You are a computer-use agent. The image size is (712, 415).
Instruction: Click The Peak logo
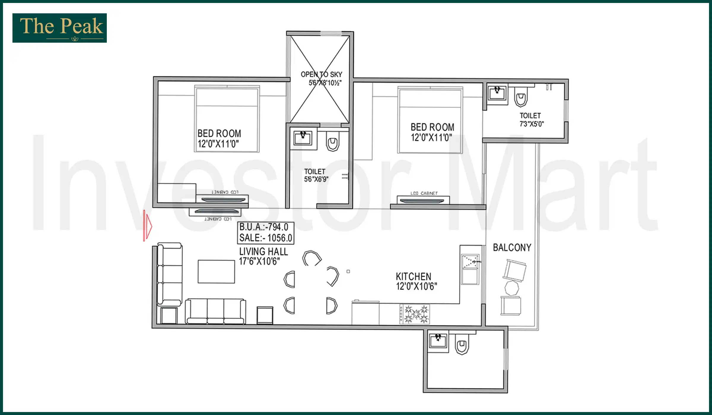point(60,28)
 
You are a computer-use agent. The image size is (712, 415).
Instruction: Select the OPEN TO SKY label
point(321,74)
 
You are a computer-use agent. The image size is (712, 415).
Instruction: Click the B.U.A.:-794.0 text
point(264,227)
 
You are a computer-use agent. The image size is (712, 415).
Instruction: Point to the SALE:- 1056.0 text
point(266,238)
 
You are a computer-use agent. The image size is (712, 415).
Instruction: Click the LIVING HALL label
point(263,252)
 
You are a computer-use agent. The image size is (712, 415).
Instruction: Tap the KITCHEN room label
point(413,277)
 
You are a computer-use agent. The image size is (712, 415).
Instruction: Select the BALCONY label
point(512,248)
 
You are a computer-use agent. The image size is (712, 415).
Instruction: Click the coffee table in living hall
point(216,272)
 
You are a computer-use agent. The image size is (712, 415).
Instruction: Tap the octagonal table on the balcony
point(511,288)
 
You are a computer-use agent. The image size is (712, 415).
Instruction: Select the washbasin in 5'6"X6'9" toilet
point(303,138)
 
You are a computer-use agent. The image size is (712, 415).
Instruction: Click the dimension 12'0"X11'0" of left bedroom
point(218,144)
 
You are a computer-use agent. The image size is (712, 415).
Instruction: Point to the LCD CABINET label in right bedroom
point(424,193)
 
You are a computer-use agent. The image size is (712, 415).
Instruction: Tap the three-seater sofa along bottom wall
point(215,311)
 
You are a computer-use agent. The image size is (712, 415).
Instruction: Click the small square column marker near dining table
point(348,271)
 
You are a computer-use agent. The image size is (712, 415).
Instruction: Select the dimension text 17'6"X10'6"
point(259,261)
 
